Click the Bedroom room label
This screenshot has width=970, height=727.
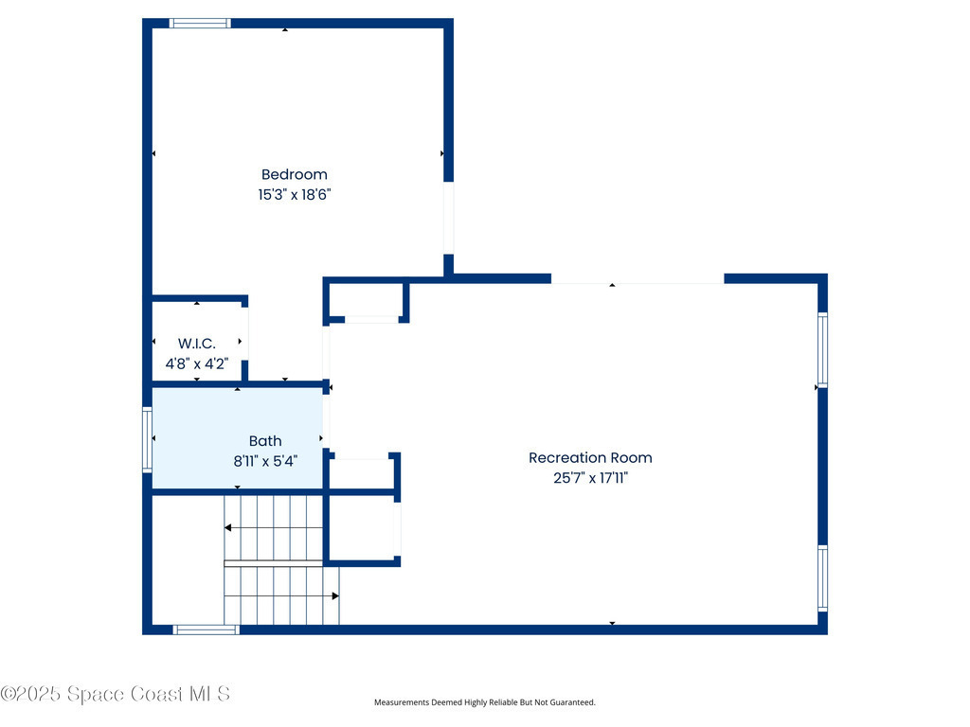294,175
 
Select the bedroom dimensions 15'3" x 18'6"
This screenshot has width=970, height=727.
295,195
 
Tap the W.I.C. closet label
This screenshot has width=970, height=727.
197,344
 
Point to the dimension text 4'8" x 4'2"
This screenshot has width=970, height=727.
197,363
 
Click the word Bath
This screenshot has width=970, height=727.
265,441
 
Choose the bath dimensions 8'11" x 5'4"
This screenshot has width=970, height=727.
265,461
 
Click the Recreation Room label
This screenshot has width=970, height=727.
590,458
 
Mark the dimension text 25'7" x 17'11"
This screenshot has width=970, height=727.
590,478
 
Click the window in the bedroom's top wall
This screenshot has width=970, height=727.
200,24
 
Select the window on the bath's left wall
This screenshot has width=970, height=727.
147,439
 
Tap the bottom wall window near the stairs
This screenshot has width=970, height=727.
206,629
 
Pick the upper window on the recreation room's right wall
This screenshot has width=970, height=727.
823,350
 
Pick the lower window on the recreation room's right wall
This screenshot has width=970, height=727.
823,578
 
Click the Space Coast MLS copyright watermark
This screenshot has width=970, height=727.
115,694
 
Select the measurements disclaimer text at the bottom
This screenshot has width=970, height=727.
484,702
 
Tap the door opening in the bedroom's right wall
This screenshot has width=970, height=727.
448,219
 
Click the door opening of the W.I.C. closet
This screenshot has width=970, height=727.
244,334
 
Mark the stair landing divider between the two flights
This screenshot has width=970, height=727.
274,563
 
